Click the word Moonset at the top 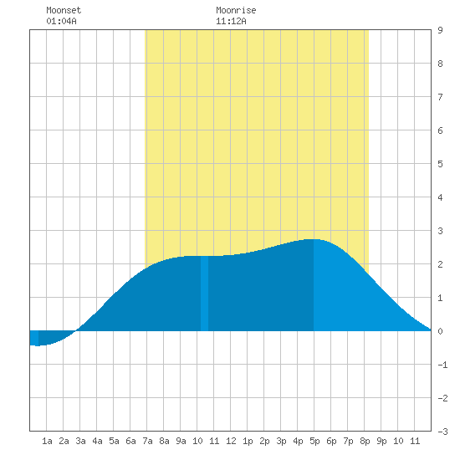pyautogui.click(x=64, y=10)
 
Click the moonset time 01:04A pyautogui.click(x=61, y=21)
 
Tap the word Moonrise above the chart pyautogui.click(x=236, y=10)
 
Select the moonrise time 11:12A pyautogui.click(x=231, y=21)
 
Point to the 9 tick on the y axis pyautogui.click(x=440, y=30)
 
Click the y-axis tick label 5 pyautogui.click(x=440, y=164)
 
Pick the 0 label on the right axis pyautogui.click(x=440, y=331)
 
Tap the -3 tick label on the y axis pyautogui.click(x=442, y=432)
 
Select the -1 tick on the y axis pyautogui.click(x=442, y=365)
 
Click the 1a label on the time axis pyautogui.click(x=47, y=441)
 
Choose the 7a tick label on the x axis pyautogui.click(x=147, y=441)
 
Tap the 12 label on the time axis pyautogui.click(x=231, y=441)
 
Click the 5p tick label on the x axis pyautogui.click(x=314, y=442)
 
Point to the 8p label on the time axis pyautogui.click(x=365, y=442)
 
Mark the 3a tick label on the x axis pyautogui.click(x=80, y=441)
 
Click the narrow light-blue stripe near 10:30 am pyautogui.click(x=204, y=294)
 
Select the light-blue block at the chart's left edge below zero pyautogui.click(x=34, y=338)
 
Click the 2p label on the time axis pyautogui.click(x=264, y=442)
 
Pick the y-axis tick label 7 pyautogui.click(x=440, y=97)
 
